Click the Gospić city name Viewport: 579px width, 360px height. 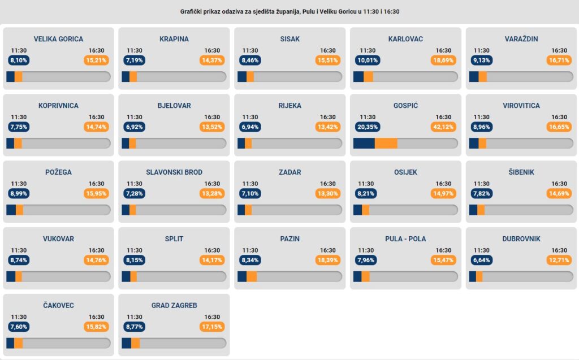pyautogui.click(x=405, y=106)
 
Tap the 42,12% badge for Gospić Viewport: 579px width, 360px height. pyautogui.click(x=444, y=127)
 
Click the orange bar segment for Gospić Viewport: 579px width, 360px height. pyautogui.click(x=386, y=143)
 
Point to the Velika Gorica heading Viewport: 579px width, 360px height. pyautogui.click(x=58, y=39)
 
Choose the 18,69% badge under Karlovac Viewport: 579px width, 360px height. pyautogui.click(x=444, y=60)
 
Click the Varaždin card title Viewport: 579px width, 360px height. pyautogui.click(x=521, y=39)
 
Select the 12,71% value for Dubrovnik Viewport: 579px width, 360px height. pyautogui.click(x=560, y=260)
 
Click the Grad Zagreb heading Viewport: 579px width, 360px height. pyautogui.click(x=174, y=306)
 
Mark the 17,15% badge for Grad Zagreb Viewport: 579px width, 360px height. pyautogui.click(x=212, y=327)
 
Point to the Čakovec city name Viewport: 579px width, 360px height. pyautogui.click(x=58, y=306)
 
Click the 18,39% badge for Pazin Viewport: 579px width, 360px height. pyautogui.click(x=328, y=260)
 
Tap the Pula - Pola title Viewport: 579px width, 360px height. pyautogui.click(x=405, y=239)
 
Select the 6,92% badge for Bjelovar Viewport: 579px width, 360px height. pyautogui.click(x=135, y=127)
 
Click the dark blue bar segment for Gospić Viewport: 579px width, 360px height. pyautogui.click(x=364, y=143)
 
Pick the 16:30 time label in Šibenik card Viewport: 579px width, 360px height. pyautogui.click(x=559, y=184)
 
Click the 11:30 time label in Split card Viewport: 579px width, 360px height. pyautogui.click(x=135, y=250)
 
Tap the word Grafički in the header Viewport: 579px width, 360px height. pyautogui.click(x=193, y=11)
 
